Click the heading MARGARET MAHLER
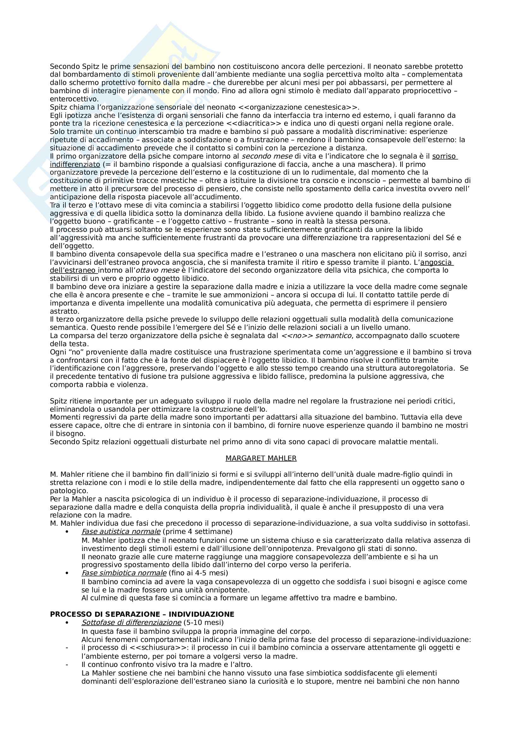point(261,458)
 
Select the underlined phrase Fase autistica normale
point(121,531)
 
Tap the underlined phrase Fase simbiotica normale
point(124,573)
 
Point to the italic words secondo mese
point(267,156)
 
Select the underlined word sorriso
point(444,156)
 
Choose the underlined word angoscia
point(436,262)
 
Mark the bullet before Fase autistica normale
point(67,532)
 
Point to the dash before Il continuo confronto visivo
point(67,664)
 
